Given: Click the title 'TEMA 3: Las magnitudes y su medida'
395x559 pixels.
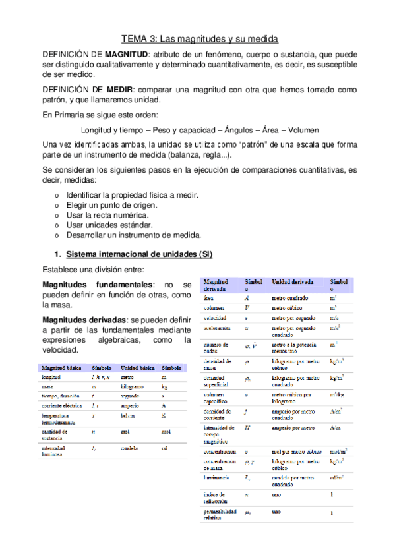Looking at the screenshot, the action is coord(197,38).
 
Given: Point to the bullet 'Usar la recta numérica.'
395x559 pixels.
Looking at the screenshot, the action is coord(107,216).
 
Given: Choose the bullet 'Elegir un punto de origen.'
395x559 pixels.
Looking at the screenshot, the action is coord(113,206).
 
